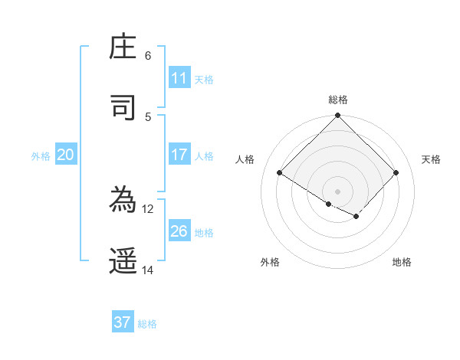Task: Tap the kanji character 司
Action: [123, 108]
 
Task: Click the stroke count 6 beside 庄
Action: [148, 56]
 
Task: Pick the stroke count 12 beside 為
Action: [148, 208]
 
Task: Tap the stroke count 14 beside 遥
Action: [148, 270]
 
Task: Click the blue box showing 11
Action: [179, 78]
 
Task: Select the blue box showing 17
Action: [179, 155]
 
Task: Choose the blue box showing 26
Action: [179, 231]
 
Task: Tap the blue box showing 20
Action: [65, 155]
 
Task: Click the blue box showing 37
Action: [123, 322]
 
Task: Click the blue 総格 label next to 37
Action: [147, 324]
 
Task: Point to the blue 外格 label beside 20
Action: [41, 156]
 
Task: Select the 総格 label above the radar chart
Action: [338, 100]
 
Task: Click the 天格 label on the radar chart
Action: [432, 159]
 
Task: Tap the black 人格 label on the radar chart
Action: [245, 159]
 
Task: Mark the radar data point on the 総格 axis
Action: [338, 116]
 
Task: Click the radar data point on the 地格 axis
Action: [356, 217]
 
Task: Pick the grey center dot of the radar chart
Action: [338, 191]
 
